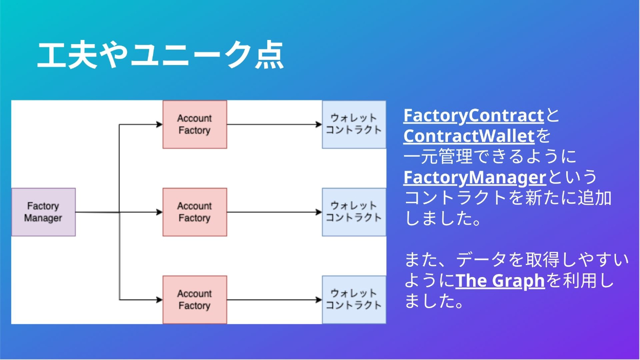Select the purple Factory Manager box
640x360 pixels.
[44, 212]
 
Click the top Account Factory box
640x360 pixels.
[195, 124]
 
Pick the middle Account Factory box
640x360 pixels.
[195, 212]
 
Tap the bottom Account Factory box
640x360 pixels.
[195, 300]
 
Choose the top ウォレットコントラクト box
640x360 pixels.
[354, 124]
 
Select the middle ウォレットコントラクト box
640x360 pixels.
[354, 212]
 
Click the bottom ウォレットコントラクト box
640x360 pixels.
[354, 300]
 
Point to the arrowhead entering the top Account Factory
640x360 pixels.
[159, 124]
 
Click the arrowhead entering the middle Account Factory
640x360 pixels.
[159, 212]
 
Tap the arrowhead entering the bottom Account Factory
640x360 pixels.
[159, 300]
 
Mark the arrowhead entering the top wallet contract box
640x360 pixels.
[318, 124]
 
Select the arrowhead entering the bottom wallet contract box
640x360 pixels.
[318, 300]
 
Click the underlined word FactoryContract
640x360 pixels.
[473, 116]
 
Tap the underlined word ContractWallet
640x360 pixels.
[468, 137]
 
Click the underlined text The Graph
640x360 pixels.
[500, 281]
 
